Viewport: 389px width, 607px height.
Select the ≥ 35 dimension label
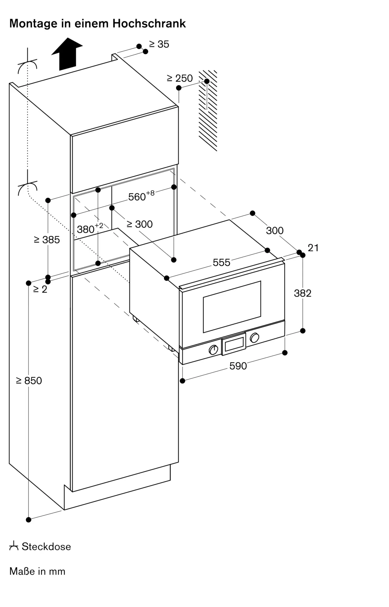click(159, 44)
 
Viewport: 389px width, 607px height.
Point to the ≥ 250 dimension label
click(180, 78)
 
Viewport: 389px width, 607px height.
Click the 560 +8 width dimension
click(141, 196)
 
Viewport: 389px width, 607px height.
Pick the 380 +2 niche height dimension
click(90, 228)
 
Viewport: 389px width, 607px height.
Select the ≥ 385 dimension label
click(47, 240)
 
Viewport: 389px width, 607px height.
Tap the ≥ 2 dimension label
click(40, 289)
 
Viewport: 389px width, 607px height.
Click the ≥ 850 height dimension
click(29, 380)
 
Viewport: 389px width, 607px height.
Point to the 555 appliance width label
click(222, 262)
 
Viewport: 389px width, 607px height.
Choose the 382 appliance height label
click(303, 293)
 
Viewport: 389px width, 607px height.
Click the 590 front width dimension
click(238, 366)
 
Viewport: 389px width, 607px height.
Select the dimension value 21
click(313, 248)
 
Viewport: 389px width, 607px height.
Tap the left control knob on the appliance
click(214, 350)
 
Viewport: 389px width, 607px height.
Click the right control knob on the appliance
click(254, 337)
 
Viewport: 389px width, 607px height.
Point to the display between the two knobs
click(234, 344)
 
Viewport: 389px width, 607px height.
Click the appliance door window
click(232, 307)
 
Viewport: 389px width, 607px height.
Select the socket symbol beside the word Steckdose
click(14, 546)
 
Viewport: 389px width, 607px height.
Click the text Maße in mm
click(37, 571)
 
